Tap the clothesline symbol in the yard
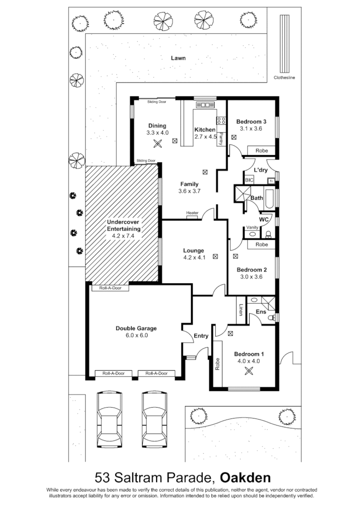pos(285,44)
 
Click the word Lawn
pos(179,58)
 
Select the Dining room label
pos(157,126)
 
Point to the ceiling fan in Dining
pos(158,144)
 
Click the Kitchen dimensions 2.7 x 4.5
pos(205,137)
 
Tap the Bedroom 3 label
pos(251,122)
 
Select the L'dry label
pos(261,170)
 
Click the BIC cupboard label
pos(249,180)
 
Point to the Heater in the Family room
pos(192,213)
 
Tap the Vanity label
pos(252,228)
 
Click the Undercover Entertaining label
pos(124,225)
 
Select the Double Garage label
pos(136,328)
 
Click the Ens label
pos(261,312)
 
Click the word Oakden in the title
pos(246,478)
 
